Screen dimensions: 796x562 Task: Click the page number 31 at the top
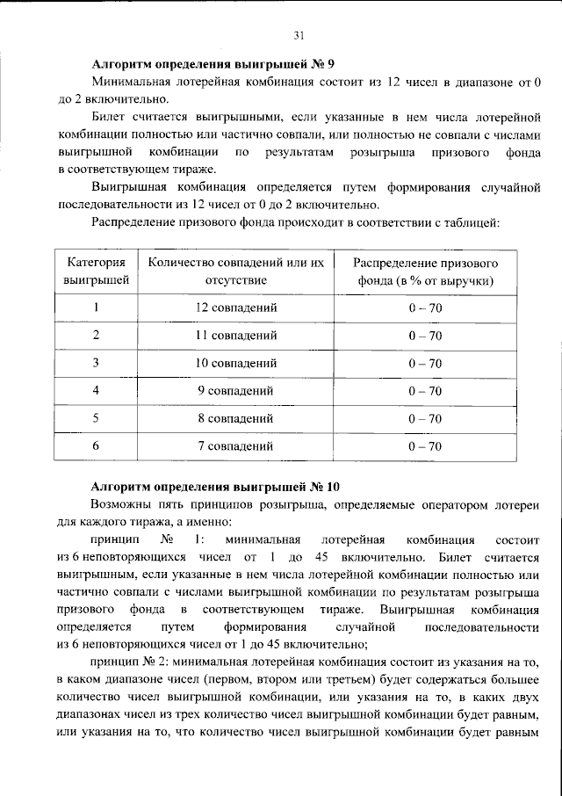pos(299,35)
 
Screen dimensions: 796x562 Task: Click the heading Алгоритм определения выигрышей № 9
pos(213,65)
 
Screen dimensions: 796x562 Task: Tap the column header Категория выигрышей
pos(96,271)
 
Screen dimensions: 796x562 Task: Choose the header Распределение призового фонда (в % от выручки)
pos(425,271)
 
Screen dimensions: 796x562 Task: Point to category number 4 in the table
pos(96,390)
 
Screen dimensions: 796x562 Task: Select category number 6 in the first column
pos(96,446)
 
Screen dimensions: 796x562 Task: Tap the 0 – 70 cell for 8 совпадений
pos(425,418)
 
